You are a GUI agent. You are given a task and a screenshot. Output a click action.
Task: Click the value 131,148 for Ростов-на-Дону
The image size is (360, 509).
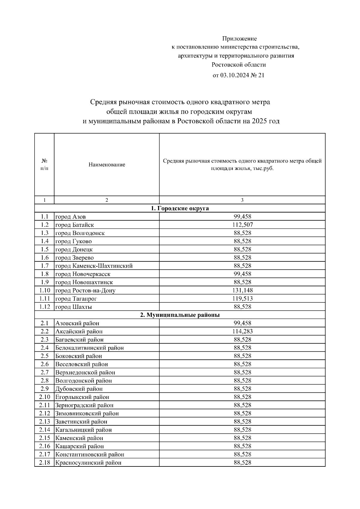coord(242,290)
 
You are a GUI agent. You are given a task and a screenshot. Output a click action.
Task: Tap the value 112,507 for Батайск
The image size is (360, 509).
coord(242,225)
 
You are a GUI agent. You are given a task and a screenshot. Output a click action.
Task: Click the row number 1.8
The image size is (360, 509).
coord(44,274)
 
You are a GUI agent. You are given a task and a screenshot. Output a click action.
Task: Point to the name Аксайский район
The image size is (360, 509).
coord(79,332)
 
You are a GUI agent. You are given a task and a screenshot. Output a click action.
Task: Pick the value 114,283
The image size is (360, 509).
coord(242,332)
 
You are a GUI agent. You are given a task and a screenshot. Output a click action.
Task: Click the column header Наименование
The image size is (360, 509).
coord(107,165)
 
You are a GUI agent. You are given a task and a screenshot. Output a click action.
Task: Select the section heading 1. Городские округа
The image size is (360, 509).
coord(180,208)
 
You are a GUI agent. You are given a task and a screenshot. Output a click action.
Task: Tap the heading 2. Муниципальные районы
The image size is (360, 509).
coord(180,315)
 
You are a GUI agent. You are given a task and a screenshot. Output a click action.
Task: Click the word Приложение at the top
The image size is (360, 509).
coord(239,39)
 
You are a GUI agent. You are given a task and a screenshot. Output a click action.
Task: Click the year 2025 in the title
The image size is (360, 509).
coord(259,121)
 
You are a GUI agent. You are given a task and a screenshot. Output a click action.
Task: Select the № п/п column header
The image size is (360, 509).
coord(44,165)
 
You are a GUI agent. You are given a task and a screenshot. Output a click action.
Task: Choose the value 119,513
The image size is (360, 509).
coord(242,299)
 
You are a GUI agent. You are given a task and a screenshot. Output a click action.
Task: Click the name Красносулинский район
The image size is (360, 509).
coord(88,463)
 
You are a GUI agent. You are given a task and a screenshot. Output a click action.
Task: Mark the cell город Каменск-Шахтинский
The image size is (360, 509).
coord(94,266)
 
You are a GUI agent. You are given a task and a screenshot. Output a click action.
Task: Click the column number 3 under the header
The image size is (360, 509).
coord(242,200)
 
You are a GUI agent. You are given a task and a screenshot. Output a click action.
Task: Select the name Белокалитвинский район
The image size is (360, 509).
coord(89,348)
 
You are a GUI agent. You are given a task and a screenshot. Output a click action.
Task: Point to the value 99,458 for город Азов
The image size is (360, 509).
coord(242,217)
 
